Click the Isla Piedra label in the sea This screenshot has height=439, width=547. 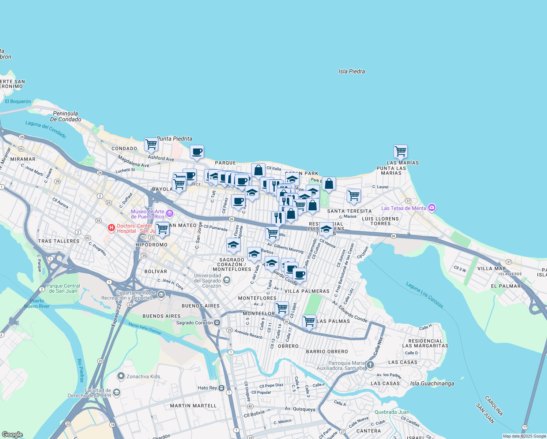coord(351,71)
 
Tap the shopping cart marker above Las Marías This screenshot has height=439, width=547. coord(400,151)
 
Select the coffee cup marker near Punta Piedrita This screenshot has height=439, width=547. coord(197,151)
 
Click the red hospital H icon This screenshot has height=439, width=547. coord(111,228)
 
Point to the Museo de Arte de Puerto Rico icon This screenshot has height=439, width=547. coord(169,214)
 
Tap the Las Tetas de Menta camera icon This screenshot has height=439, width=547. coord(432,208)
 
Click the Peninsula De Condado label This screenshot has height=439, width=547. coord(65,116)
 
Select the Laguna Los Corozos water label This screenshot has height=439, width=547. coord(425,295)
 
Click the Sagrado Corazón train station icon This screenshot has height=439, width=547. coord(217,323)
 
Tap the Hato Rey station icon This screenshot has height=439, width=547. coord(222,388)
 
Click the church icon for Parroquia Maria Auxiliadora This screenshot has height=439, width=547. coord(370,365)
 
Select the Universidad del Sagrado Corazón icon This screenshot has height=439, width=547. coord(226,281)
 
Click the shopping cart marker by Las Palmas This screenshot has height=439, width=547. coord(309,322)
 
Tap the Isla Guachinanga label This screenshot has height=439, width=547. coord(432,383)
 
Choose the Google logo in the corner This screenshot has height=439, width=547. coord(12,435)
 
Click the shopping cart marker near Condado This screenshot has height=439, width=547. coord(151,144)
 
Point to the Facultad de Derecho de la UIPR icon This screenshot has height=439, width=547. coord(116,393)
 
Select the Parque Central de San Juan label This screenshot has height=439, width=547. coord(63,288)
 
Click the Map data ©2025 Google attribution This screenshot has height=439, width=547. coord(524,436)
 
